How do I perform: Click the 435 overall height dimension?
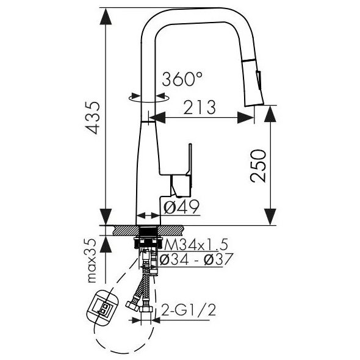click(x=93, y=118)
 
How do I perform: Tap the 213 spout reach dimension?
click(x=200, y=107)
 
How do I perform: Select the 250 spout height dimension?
click(x=258, y=166)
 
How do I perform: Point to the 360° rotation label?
click(x=182, y=79)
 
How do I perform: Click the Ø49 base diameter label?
click(x=182, y=207)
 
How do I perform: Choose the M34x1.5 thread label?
click(x=196, y=245)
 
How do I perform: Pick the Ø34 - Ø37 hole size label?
click(x=196, y=259)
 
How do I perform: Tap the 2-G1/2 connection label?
click(x=189, y=310)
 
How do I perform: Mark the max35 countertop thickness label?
click(x=92, y=261)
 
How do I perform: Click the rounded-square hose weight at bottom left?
click(x=103, y=307)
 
